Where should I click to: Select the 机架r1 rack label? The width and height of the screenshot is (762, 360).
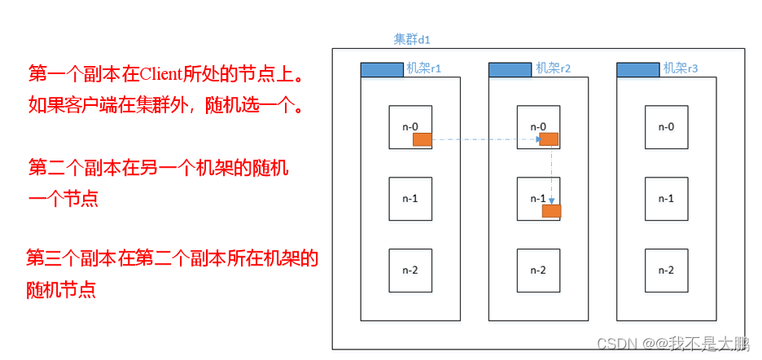(423, 68)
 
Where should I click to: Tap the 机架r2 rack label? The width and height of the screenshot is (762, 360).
(554, 68)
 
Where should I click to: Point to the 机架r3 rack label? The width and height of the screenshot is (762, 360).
(681, 68)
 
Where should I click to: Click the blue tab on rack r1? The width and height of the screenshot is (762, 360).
(382, 70)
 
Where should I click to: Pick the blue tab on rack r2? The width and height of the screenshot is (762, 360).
(510, 70)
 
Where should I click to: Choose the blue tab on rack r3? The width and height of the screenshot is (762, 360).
(638, 70)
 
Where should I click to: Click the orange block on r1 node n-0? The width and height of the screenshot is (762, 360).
(423, 140)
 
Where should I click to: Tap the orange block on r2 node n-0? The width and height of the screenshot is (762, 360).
(549, 139)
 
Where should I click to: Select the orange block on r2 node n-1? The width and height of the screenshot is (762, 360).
(551, 212)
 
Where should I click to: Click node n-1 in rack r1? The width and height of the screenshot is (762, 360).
(409, 199)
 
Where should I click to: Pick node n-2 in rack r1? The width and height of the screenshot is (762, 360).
(409, 270)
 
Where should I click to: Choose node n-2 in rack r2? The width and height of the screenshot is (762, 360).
(538, 270)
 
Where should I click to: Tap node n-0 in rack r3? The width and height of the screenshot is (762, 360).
(666, 127)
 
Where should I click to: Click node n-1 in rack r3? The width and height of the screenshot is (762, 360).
(666, 199)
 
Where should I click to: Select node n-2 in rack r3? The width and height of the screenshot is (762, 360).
(666, 270)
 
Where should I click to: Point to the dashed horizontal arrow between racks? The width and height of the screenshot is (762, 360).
(485, 140)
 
